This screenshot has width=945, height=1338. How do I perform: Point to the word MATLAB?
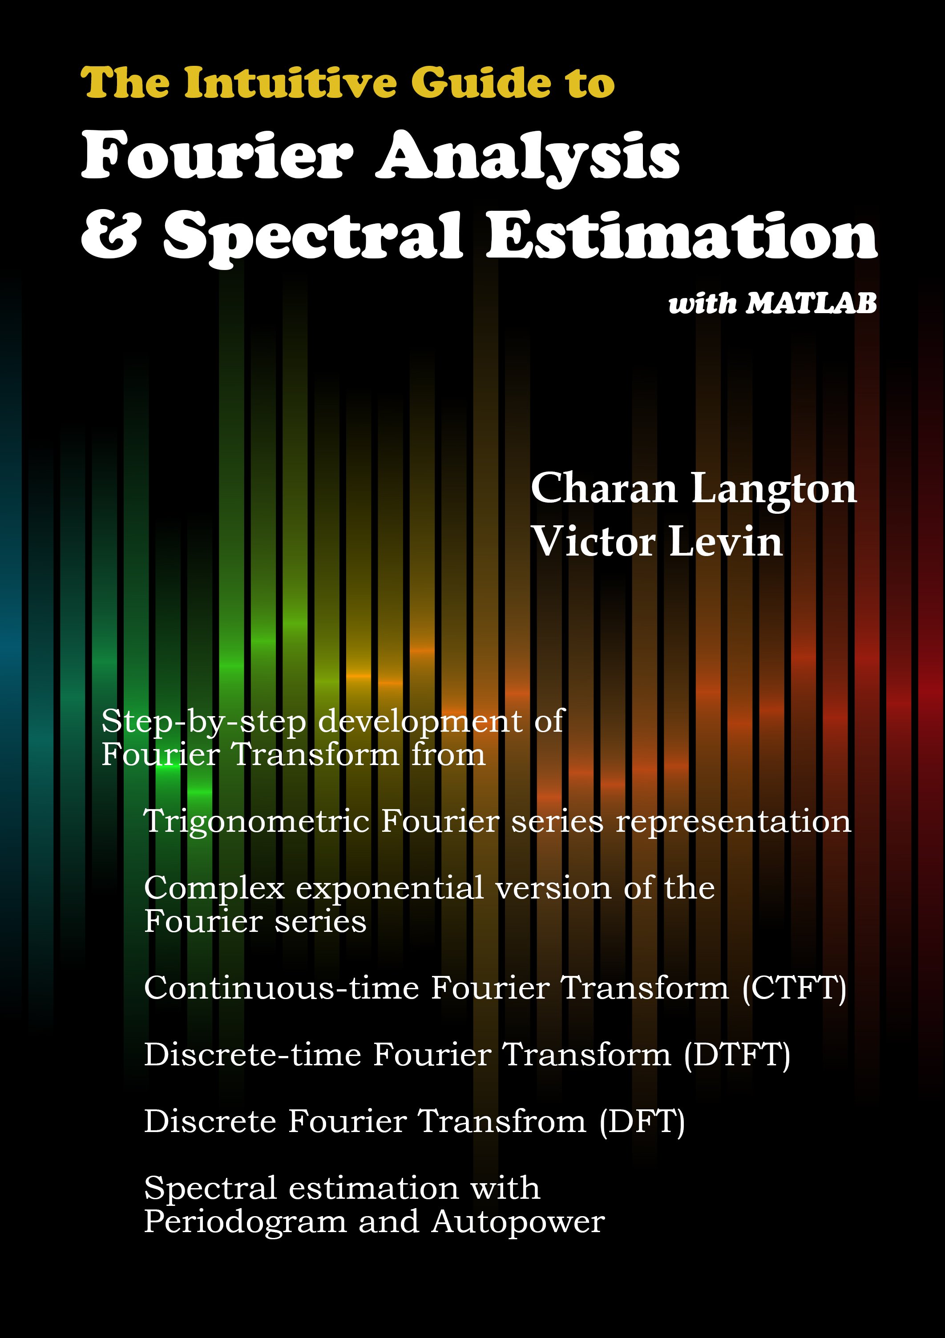812,303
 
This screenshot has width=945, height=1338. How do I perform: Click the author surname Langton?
774,489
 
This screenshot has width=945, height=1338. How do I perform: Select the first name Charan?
604,488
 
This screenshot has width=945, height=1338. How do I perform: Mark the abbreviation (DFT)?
642,1122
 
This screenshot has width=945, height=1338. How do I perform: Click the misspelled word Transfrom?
502,1122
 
